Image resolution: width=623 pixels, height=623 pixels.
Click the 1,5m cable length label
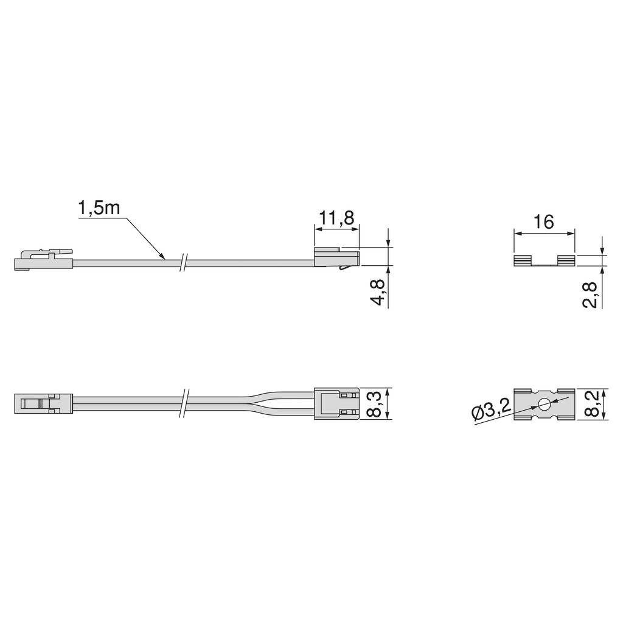[x=99, y=209]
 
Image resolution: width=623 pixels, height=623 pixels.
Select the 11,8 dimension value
[x=336, y=218]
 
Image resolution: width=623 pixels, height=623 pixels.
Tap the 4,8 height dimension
[x=378, y=292]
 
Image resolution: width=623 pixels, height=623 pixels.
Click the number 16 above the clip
[x=544, y=222]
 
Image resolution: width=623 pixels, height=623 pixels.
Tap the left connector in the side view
[x=43, y=261]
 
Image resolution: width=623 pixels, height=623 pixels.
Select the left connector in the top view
[x=43, y=403]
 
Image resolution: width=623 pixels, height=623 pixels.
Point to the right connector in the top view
[x=336, y=403]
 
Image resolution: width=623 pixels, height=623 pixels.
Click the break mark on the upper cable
[x=183, y=262]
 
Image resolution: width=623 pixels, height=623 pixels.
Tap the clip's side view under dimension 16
[x=544, y=260]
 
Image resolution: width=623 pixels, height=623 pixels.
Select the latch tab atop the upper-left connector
[x=61, y=251]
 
